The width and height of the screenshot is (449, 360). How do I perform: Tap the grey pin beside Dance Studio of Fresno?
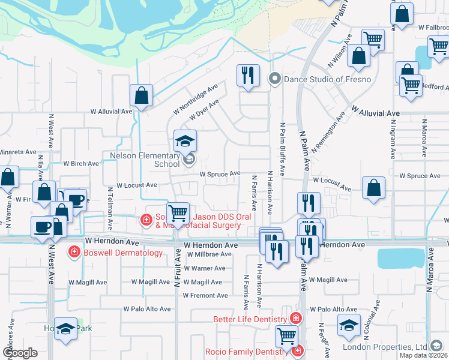(276, 79)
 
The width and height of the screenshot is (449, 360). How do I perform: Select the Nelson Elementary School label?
(145, 160)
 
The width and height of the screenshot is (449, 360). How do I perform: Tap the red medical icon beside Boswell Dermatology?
(74, 252)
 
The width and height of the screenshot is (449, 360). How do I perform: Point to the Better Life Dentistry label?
(250, 319)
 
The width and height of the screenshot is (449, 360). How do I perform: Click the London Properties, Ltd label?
(385, 347)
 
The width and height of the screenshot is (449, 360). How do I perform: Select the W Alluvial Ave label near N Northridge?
(111, 112)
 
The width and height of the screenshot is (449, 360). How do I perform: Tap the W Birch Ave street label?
(81, 163)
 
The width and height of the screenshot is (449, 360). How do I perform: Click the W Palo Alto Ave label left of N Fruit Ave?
(147, 309)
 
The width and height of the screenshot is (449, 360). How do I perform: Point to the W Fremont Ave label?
(205, 295)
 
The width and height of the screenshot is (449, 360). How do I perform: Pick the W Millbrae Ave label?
(208, 254)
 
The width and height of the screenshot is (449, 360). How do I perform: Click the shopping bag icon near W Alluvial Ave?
(141, 95)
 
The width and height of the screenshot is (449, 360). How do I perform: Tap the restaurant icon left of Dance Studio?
(248, 76)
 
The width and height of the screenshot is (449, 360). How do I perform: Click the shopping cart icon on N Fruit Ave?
(178, 213)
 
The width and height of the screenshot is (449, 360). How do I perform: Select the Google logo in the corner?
(20, 353)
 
